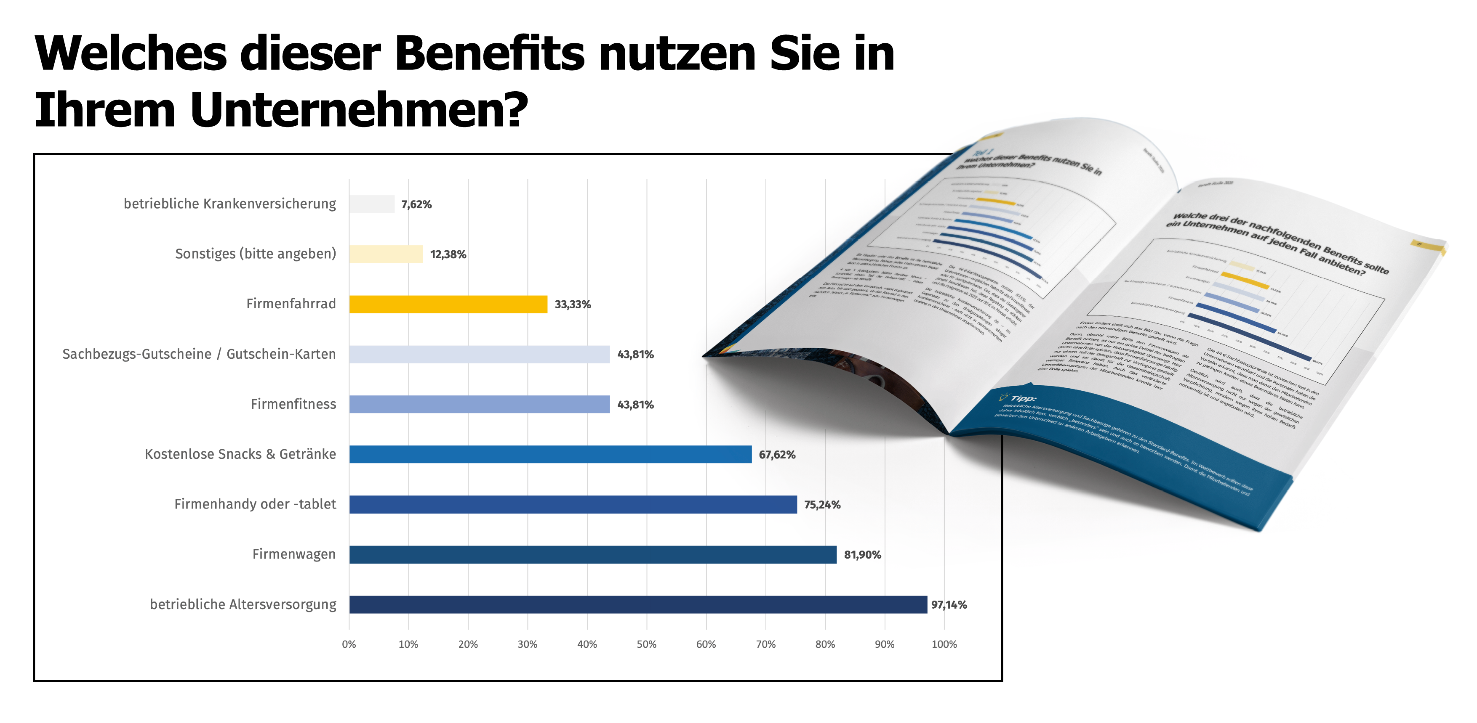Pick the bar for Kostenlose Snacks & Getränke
(550, 454)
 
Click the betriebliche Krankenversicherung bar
(371, 204)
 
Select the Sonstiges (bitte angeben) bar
(386, 254)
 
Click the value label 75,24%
(821, 505)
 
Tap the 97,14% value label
(948, 604)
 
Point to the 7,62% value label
(416, 204)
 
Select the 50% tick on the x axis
(646, 644)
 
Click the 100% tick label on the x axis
(944, 644)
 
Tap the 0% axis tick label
(349, 644)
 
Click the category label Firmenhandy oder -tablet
(255, 504)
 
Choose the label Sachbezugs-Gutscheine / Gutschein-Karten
(199, 354)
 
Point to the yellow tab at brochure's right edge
(1428, 247)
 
